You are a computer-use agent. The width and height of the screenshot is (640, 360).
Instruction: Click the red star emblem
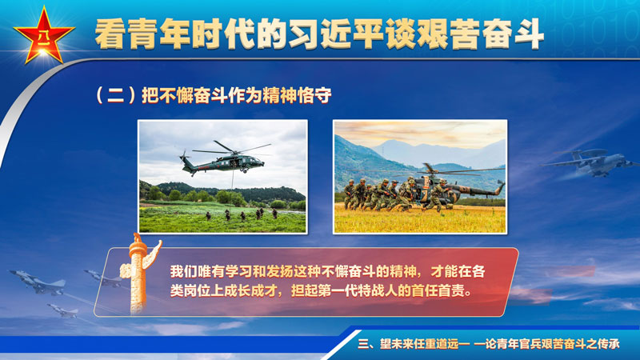tap(44, 36)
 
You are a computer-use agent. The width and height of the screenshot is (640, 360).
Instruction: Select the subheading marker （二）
tap(115, 95)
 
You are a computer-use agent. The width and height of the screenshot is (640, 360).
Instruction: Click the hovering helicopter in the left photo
tap(222, 158)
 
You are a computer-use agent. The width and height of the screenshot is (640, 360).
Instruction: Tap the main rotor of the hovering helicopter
tap(231, 149)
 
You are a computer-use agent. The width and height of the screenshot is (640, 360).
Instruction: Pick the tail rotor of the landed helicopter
tap(500, 186)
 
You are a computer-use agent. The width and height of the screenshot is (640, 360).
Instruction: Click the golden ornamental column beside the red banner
tap(139, 274)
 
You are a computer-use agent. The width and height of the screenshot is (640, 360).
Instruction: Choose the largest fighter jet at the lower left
tap(38, 282)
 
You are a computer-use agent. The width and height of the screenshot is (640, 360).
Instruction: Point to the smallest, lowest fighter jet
tap(63, 310)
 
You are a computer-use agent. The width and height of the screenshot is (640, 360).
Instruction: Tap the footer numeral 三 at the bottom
tap(363, 344)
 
